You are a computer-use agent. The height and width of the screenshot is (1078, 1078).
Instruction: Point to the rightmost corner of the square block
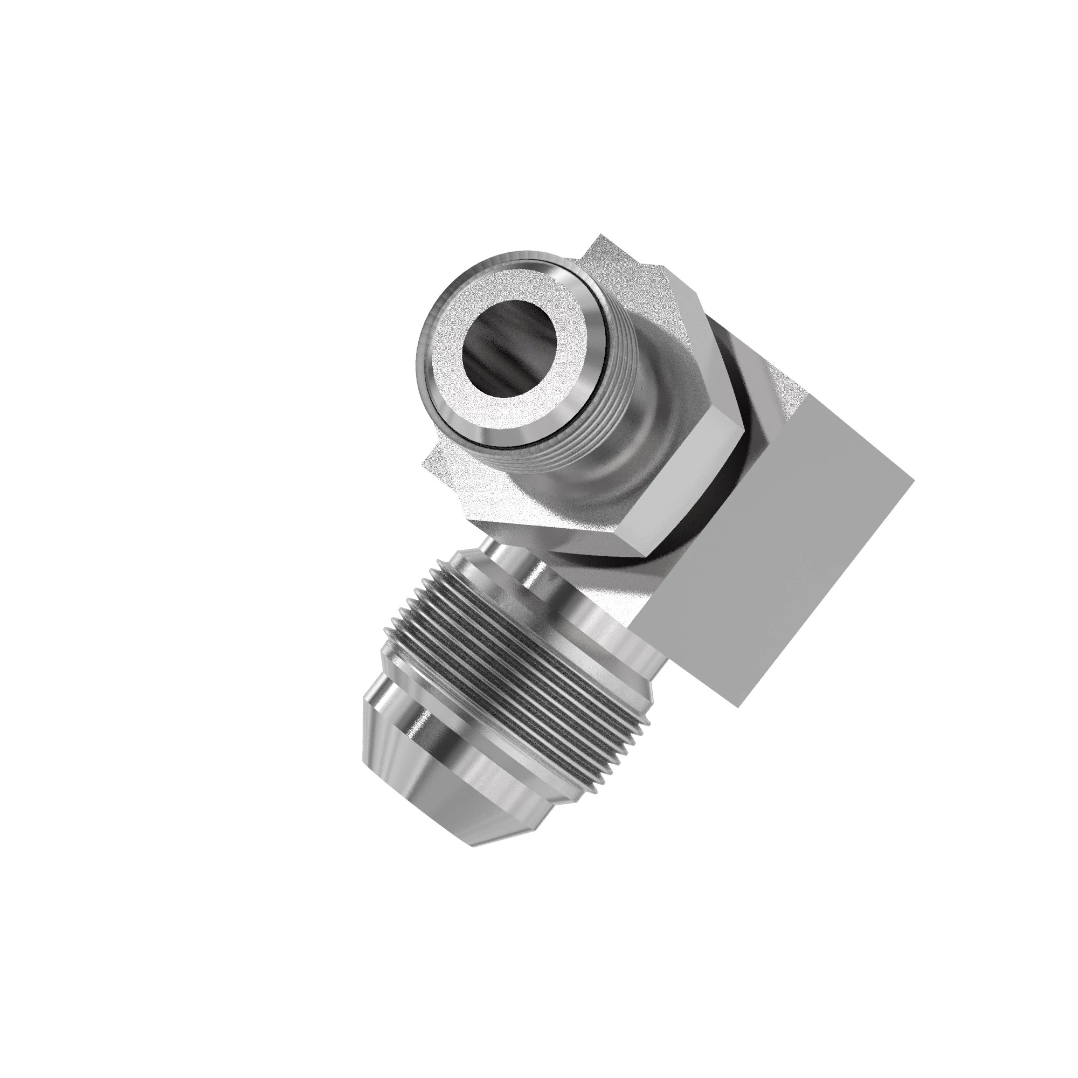tap(913, 481)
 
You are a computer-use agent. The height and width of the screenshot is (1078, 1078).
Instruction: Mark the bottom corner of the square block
tap(738, 708)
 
